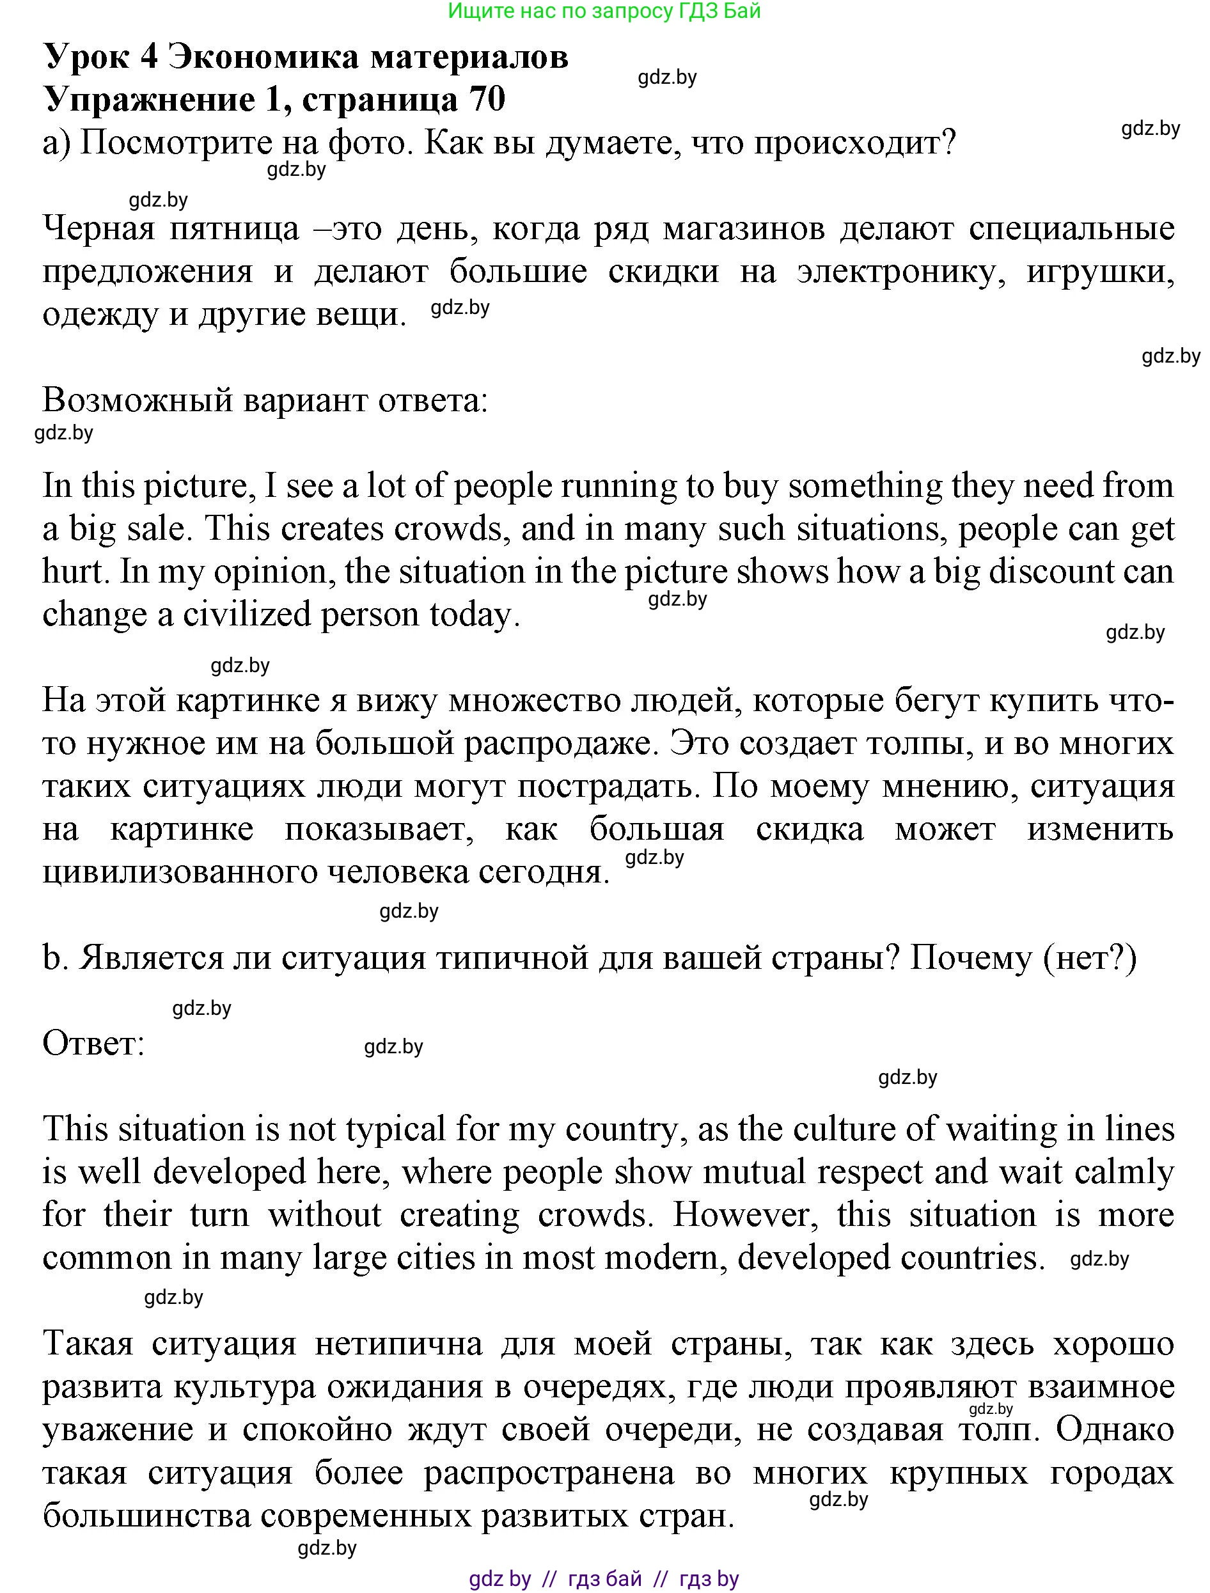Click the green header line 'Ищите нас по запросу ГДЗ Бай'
tap(604, 11)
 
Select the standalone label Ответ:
tap(93, 1043)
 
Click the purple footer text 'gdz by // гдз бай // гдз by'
tap(604, 1578)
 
